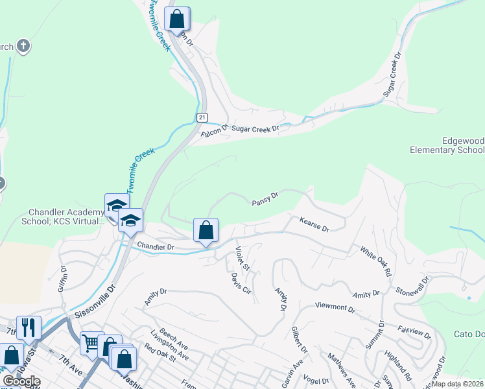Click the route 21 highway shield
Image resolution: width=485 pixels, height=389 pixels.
[202, 117]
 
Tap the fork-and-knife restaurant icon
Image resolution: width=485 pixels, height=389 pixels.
[29, 327]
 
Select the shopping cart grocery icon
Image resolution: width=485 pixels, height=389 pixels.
[91, 342]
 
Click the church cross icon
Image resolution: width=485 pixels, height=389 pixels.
[23, 46]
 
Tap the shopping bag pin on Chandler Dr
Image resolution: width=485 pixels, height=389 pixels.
[206, 230]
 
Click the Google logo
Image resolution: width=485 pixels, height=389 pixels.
[21, 381]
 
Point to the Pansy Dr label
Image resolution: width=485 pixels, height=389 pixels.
[265, 199]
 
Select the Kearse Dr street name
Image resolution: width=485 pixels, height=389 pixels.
[314, 225]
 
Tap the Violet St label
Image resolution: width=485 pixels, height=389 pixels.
[242, 257]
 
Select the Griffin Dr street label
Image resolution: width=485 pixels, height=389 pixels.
[63, 278]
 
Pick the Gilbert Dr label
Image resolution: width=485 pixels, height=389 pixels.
[299, 339]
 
